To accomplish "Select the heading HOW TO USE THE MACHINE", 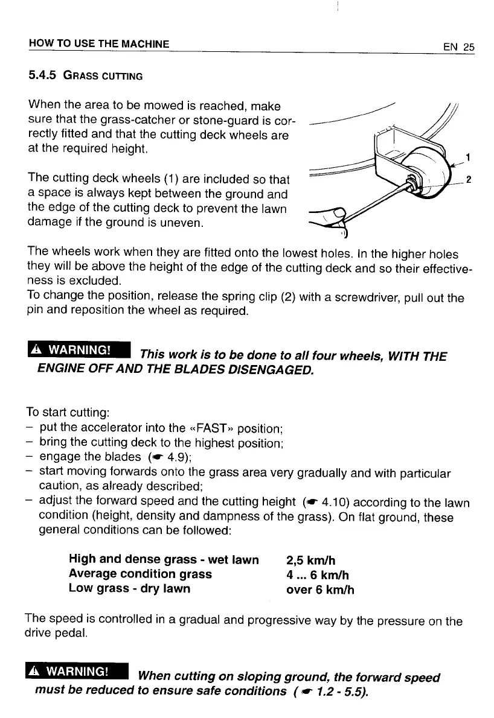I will [98, 44].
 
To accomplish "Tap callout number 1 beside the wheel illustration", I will [467, 159].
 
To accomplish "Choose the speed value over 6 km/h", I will [319, 588].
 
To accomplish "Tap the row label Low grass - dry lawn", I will [130, 588].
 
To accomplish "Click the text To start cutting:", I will [67, 414].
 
